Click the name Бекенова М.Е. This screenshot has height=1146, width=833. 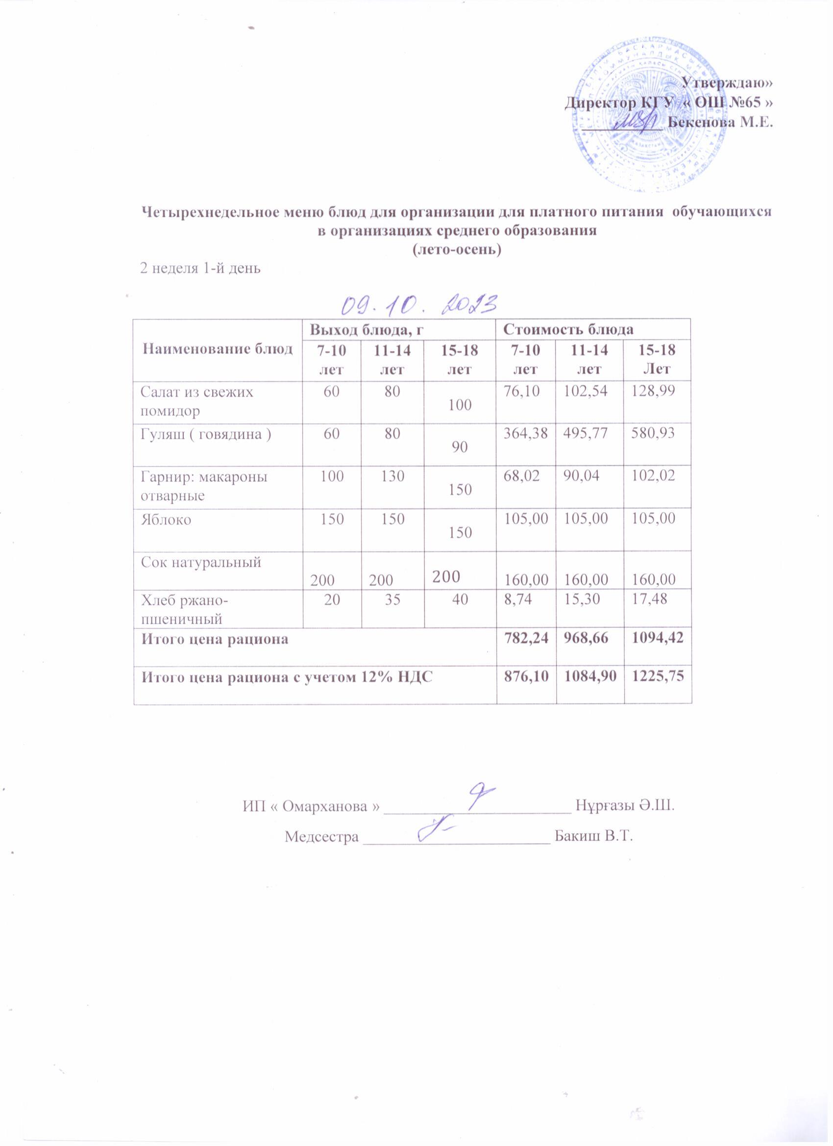click(720, 122)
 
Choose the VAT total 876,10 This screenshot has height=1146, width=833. click(526, 677)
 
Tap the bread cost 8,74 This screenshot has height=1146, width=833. click(518, 599)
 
